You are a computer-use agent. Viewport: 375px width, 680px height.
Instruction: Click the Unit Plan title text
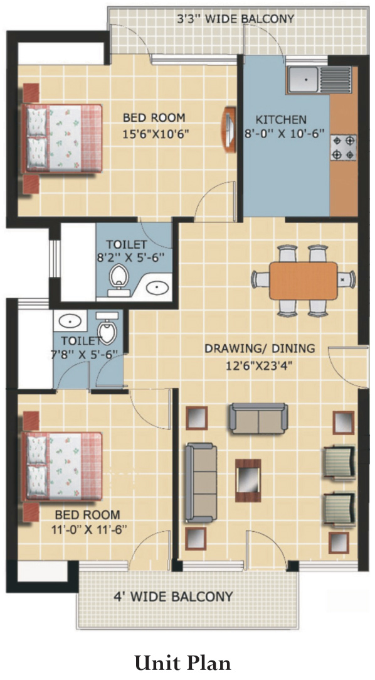click(x=182, y=663)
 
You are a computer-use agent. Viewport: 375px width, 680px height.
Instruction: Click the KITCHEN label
click(x=281, y=119)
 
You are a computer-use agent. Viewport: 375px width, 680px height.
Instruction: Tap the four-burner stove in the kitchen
click(x=343, y=147)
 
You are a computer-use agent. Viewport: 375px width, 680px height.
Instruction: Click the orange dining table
click(x=303, y=280)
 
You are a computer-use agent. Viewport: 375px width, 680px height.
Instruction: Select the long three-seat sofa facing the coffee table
click(x=200, y=482)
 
